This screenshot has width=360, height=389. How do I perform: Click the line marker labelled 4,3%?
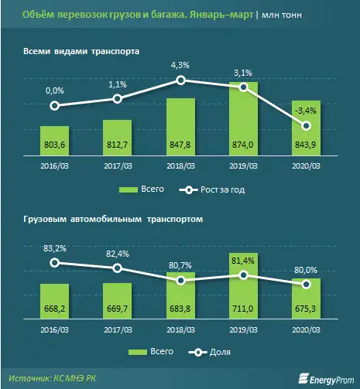[x=180, y=80]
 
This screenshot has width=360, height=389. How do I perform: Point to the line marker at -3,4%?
[x=307, y=125]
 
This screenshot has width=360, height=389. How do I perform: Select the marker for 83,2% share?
[x=54, y=263]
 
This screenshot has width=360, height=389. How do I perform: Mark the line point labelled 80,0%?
[x=307, y=285]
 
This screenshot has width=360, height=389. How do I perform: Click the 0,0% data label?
[x=54, y=91]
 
